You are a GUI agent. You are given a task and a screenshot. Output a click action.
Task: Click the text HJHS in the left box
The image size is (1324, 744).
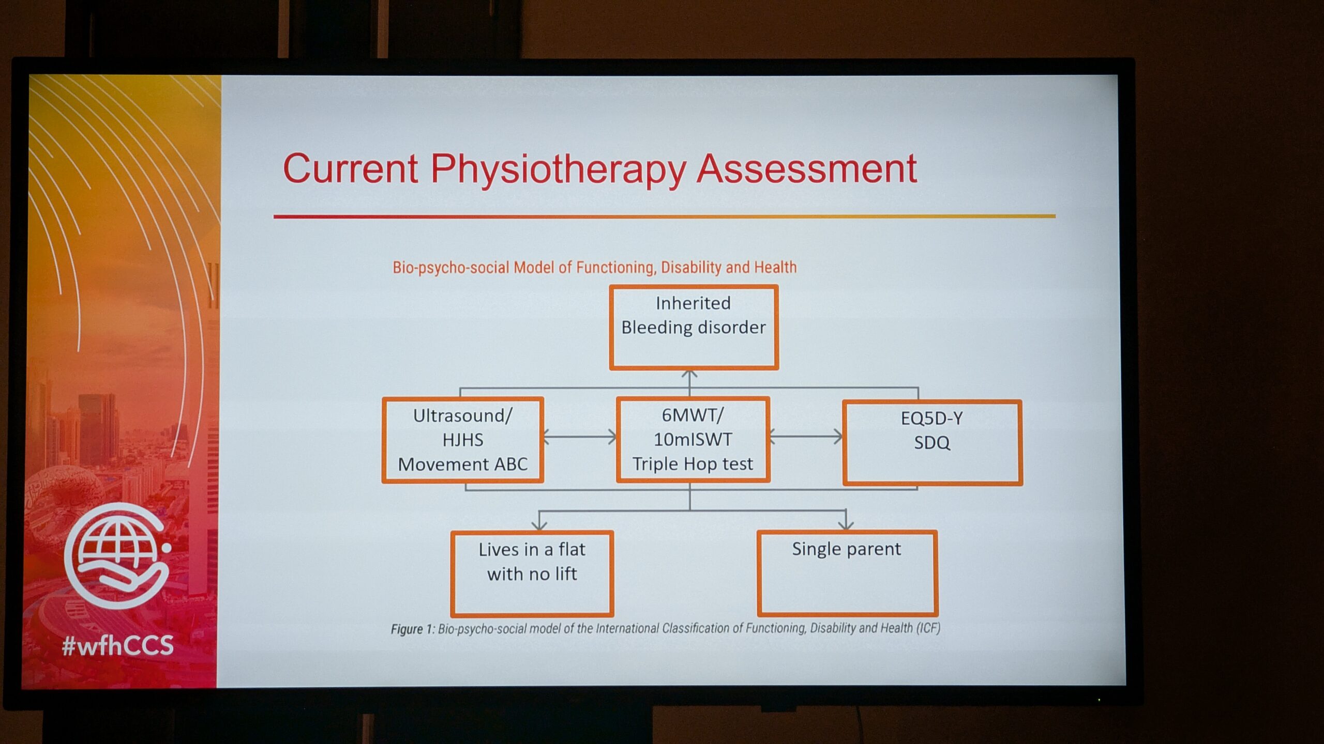click(463, 440)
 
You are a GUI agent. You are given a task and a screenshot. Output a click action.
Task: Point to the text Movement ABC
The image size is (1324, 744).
click(463, 464)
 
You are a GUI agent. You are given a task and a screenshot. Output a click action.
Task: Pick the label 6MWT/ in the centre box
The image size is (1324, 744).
click(693, 415)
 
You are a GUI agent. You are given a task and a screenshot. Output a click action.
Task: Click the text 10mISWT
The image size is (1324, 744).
click(693, 439)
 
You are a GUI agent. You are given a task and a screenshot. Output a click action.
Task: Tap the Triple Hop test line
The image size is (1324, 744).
click(693, 464)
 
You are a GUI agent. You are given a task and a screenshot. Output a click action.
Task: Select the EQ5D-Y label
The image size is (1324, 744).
click(932, 418)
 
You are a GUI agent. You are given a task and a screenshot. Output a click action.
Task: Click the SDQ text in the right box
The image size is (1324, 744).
click(932, 443)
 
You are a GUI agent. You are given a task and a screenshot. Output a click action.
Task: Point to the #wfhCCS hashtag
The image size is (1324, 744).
click(118, 646)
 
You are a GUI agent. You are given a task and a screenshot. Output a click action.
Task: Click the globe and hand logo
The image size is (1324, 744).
click(118, 555)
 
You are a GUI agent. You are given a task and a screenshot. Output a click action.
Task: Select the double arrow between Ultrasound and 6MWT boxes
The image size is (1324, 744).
click(580, 437)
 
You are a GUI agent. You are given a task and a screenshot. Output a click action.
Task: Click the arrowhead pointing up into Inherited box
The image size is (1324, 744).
click(689, 374)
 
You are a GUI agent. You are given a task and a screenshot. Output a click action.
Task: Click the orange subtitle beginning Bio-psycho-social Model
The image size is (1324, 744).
click(595, 267)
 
